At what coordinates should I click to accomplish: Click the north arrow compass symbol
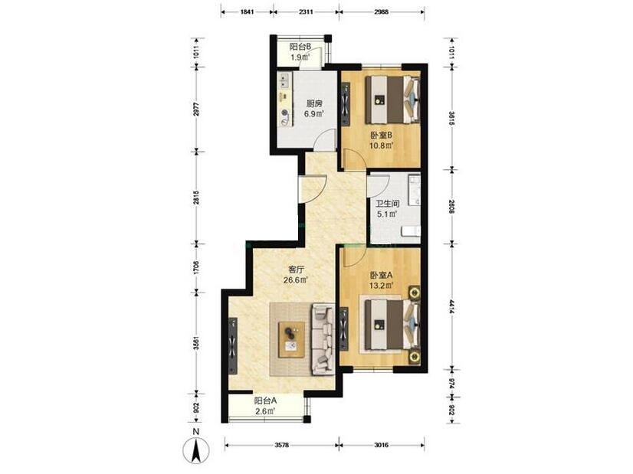click(x=196, y=449)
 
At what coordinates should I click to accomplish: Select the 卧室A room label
click(x=382, y=276)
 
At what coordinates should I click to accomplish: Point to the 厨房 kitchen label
click(x=314, y=103)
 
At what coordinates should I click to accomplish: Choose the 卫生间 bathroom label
click(x=388, y=204)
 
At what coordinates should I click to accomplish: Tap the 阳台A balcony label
click(x=265, y=401)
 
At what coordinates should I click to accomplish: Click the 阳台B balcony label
click(x=300, y=47)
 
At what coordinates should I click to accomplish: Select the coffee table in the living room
click(x=291, y=340)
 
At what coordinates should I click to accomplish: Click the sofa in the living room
click(x=323, y=339)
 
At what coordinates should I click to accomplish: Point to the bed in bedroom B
click(x=392, y=100)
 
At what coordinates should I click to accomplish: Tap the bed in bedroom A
click(x=392, y=325)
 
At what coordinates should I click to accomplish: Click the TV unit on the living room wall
click(x=233, y=345)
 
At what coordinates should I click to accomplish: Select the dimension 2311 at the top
click(x=306, y=11)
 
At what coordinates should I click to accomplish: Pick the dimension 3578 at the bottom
click(x=282, y=446)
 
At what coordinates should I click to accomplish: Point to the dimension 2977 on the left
click(x=197, y=109)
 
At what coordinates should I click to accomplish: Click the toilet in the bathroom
click(x=411, y=231)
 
